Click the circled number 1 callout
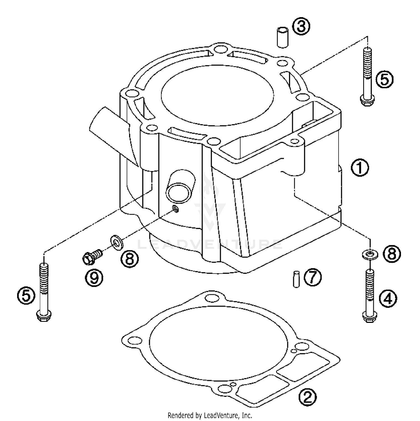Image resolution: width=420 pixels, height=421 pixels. point(360,168)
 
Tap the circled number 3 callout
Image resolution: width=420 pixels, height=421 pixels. point(301,27)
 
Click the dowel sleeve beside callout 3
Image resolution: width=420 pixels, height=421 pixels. point(283,37)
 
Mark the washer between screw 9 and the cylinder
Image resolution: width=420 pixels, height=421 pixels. point(116,241)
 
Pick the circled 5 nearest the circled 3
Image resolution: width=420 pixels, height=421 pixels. point(384,79)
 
